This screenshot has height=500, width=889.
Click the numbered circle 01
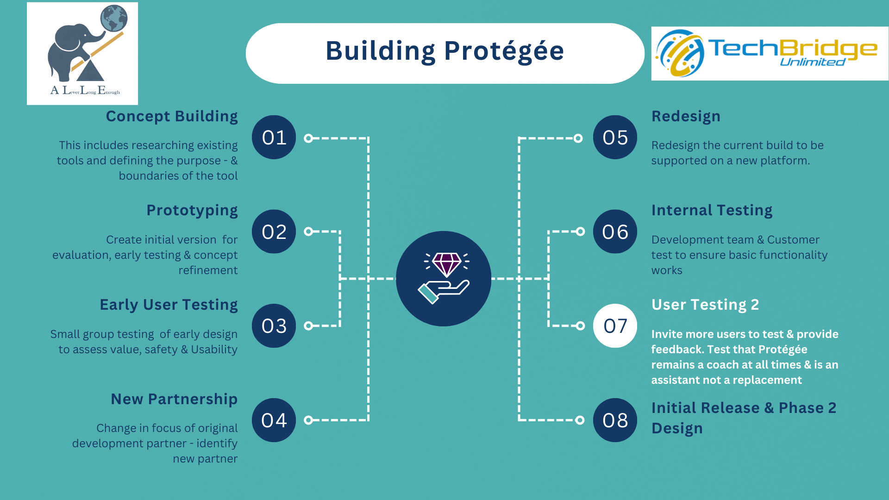pyautogui.click(x=274, y=137)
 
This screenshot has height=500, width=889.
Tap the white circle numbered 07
pyautogui.click(x=615, y=326)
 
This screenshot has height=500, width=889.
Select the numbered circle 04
pyautogui.click(x=274, y=420)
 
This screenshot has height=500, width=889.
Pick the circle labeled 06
pyautogui.click(x=615, y=231)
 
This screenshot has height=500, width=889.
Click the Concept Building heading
pyautogui.click(x=172, y=116)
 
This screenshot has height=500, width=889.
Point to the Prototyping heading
pyautogui.click(x=192, y=211)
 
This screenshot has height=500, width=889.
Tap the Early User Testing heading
pyautogui.click(x=169, y=305)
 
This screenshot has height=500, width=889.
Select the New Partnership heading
pyautogui.click(x=174, y=399)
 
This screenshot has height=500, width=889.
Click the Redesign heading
pyautogui.click(x=686, y=117)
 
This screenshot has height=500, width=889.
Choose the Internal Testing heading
pyautogui.click(x=712, y=211)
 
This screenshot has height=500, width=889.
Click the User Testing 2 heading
pyautogui.click(x=705, y=305)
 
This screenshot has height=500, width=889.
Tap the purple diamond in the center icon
pyautogui.click(x=447, y=264)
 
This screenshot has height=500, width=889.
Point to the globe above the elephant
pyautogui.click(x=114, y=18)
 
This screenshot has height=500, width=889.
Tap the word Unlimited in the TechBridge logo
pyautogui.click(x=813, y=62)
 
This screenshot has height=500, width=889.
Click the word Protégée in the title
pyautogui.click(x=504, y=51)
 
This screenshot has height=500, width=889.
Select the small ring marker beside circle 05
pyautogui.click(x=578, y=138)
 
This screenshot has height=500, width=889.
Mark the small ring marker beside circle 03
pyautogui.click(x=308, y=326)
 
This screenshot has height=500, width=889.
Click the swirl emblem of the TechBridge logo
pyautogui.click(x=679, y=53)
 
